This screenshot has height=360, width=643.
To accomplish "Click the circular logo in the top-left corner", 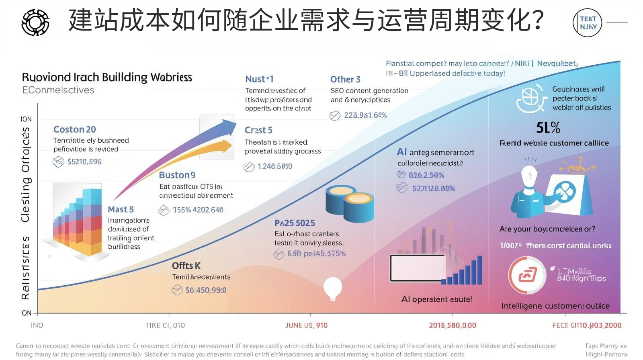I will [x=35, y=22].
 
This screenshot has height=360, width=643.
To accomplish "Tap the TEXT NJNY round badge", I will [x=588, y=22].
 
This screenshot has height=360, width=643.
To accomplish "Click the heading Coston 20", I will [x=75, y=129].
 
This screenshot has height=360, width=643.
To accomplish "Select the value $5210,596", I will [x=84, y=162].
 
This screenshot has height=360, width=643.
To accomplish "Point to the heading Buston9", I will [x=177, y=175].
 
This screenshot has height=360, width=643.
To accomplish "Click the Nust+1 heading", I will [x=259, y=79].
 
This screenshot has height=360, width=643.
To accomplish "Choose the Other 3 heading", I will [x=345, y=80].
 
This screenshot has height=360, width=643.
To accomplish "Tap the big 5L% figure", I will [x=548, y=128].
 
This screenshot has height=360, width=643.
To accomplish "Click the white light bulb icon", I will [x=333, y=288].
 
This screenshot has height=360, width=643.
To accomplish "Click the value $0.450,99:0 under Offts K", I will [x=205, y=290].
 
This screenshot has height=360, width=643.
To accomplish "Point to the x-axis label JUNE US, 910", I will [x=306, y=325].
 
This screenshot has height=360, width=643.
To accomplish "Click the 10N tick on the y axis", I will [x=26, y=119].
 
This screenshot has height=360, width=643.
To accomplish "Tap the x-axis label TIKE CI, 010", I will [x=165, y=325].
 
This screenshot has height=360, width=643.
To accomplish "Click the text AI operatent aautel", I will [x=436, y=299].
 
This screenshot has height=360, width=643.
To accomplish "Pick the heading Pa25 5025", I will [x=295, y=223].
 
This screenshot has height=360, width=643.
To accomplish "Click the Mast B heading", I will [x=121, y=209].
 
